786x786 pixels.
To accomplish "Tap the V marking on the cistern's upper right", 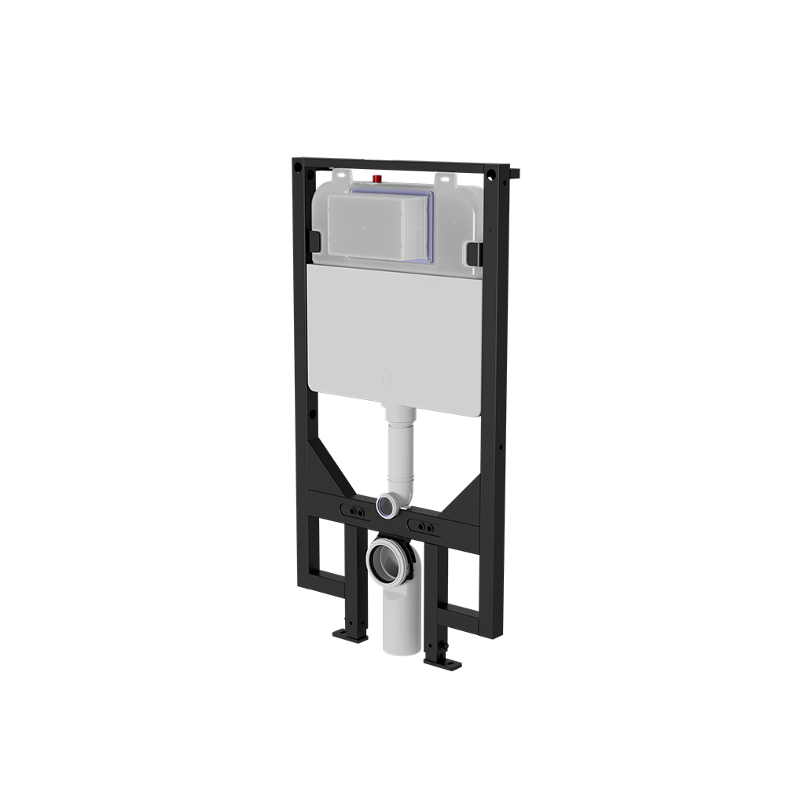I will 450,222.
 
